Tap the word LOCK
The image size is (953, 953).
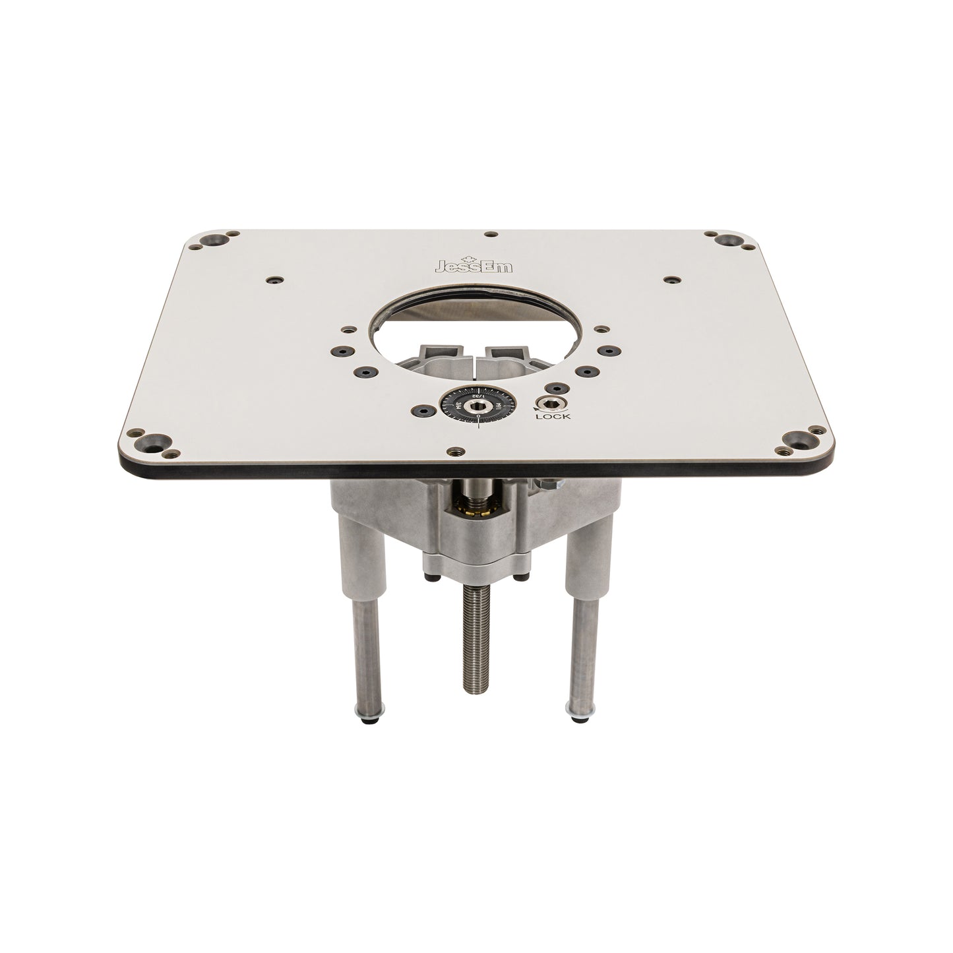click(x=553, y=417)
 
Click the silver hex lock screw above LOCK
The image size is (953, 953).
click(x=546, y=404)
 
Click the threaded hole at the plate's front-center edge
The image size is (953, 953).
click(x=454, y=451)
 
